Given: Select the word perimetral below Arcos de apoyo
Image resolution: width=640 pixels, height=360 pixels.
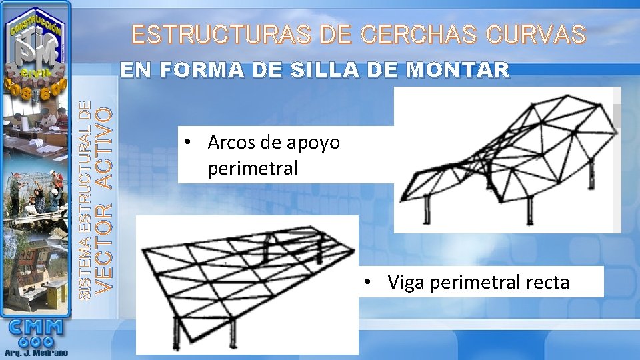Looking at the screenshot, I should pos(252,169).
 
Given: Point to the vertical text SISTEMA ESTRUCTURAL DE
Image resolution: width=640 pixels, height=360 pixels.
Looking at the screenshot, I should pos(85,199).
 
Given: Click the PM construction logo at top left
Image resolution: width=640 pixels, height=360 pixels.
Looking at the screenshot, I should pos(37,47).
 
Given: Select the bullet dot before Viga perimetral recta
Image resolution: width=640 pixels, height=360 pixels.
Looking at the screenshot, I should pos(367,283).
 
